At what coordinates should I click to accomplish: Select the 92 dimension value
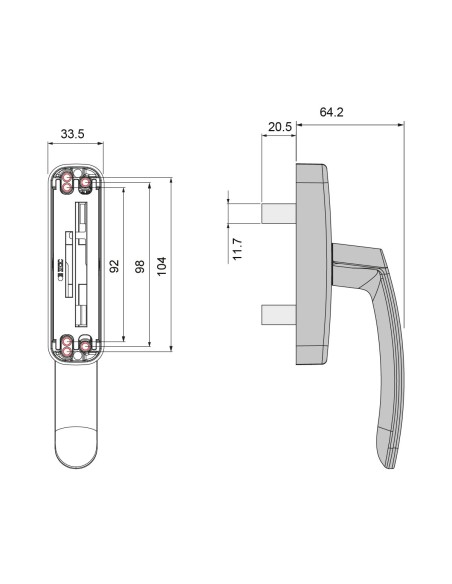tap(114, 266)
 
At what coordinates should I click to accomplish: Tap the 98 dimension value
tap(139, 266)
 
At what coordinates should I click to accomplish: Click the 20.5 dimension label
tap(279, 127)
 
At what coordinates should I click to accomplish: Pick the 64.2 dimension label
tap(331, 112)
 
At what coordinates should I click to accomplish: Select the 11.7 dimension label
tap(238, 249)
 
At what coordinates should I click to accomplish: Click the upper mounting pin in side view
tap(277, 213)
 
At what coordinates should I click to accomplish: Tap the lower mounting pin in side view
tap(277, 314)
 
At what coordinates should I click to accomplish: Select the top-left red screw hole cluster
tap(67, 182)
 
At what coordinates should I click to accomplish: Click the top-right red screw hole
tap(85, 182)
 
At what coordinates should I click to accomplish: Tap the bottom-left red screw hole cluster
tap(67, 347)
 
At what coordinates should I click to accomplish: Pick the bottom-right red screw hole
tap(85, 347)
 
